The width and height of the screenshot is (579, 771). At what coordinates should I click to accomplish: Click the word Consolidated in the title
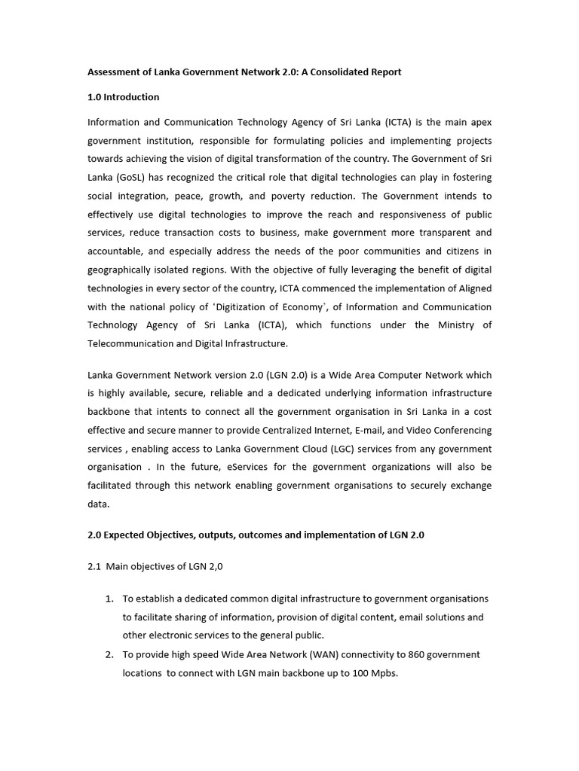pos(341,72)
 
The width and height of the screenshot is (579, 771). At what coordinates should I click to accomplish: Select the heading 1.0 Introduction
pos(124,97)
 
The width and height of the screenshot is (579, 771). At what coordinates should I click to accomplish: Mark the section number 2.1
pos(94,567)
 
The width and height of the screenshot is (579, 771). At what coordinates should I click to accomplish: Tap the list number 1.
pos(109,599)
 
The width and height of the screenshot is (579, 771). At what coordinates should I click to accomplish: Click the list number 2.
pos(109,655)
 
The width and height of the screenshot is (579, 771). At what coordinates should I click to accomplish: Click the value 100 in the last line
pos(362,674)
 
